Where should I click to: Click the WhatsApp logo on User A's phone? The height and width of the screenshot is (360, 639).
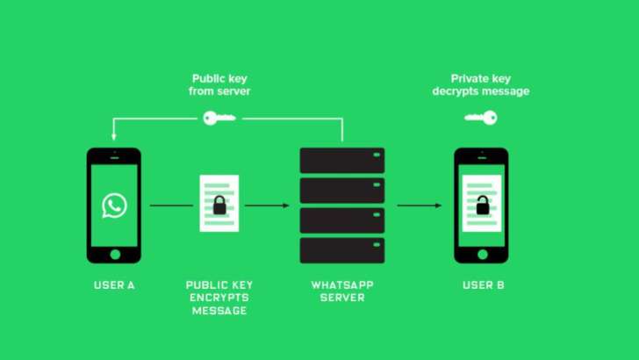tap(114, 205)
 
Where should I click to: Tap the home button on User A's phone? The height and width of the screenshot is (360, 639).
tap(114, 254)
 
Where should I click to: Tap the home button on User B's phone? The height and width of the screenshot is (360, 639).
tap(481, 254)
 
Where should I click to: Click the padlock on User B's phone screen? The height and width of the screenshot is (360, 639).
tap(481, 206)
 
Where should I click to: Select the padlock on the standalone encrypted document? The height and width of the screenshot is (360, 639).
tap(219, 206)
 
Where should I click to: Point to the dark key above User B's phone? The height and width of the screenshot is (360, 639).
tap(481, 116)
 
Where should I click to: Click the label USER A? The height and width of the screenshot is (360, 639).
tap(114, 285)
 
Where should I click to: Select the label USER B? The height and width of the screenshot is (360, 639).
tap(483, 285)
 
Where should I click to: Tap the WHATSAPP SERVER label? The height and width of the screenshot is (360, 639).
tap(342, 292)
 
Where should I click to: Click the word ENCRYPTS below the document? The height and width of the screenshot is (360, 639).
tap(219, 298)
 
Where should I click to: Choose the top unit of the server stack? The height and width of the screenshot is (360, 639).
tap(342, 160)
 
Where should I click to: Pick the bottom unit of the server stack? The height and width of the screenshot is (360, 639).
tap(342, 250)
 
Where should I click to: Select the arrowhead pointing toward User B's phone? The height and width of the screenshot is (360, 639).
tap(438, 205)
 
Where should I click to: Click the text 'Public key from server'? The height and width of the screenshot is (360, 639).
tap(219, 84)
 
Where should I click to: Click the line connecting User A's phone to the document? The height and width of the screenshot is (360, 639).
tap(170, 205)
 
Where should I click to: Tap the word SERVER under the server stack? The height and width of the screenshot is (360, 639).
tap(342, 298)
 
